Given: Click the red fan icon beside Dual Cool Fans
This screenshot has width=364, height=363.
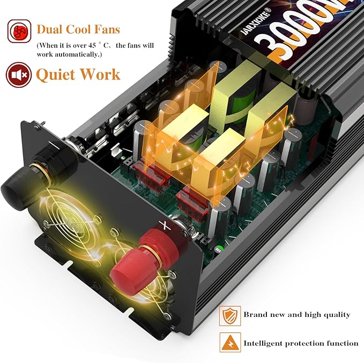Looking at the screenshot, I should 19,31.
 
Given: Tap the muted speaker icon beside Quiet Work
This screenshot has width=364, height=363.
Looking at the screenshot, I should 18,74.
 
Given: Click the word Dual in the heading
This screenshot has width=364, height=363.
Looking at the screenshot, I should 51,29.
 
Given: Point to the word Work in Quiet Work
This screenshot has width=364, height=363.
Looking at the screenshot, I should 101,74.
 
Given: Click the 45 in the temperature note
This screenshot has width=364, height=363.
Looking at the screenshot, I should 87,46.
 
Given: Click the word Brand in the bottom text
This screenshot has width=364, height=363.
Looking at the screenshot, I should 255,315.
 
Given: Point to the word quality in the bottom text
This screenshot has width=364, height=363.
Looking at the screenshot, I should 336,315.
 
